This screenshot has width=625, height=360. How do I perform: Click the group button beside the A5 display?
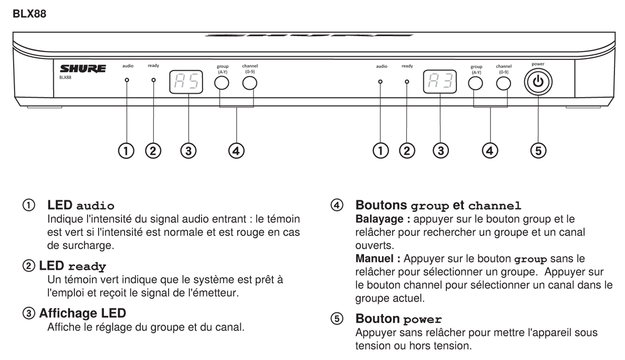click(222, 83)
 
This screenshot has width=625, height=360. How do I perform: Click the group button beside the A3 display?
click(476, 83)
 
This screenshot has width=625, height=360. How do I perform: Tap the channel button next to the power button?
click(503, 83)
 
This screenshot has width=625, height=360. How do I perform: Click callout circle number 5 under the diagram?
click(539, 151)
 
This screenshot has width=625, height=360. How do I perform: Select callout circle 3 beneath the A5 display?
click(187, 151)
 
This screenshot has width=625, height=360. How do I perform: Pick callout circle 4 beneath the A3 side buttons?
click(489, 151)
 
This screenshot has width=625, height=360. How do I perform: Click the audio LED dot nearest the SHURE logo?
click(127, 81)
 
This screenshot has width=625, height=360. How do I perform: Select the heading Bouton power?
click(398, 319)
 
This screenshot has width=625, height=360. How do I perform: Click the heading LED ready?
click(72, 266)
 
